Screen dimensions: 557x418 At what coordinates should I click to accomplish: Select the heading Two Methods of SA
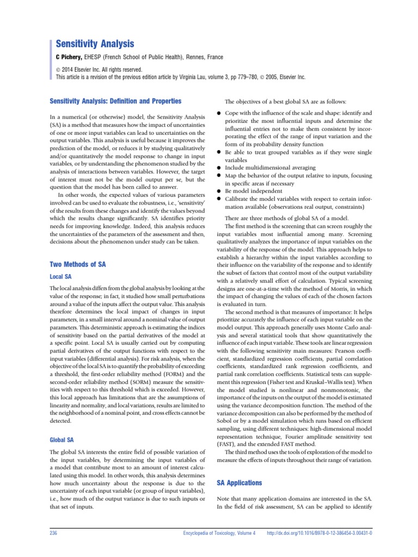click(x=77, y=264)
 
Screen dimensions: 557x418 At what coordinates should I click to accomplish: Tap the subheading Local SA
click(x=60, y=276)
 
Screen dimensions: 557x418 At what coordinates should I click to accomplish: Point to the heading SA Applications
click(x=239, y=482)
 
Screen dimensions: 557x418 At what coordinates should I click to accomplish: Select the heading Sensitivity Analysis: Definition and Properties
click(x=115, y=102)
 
